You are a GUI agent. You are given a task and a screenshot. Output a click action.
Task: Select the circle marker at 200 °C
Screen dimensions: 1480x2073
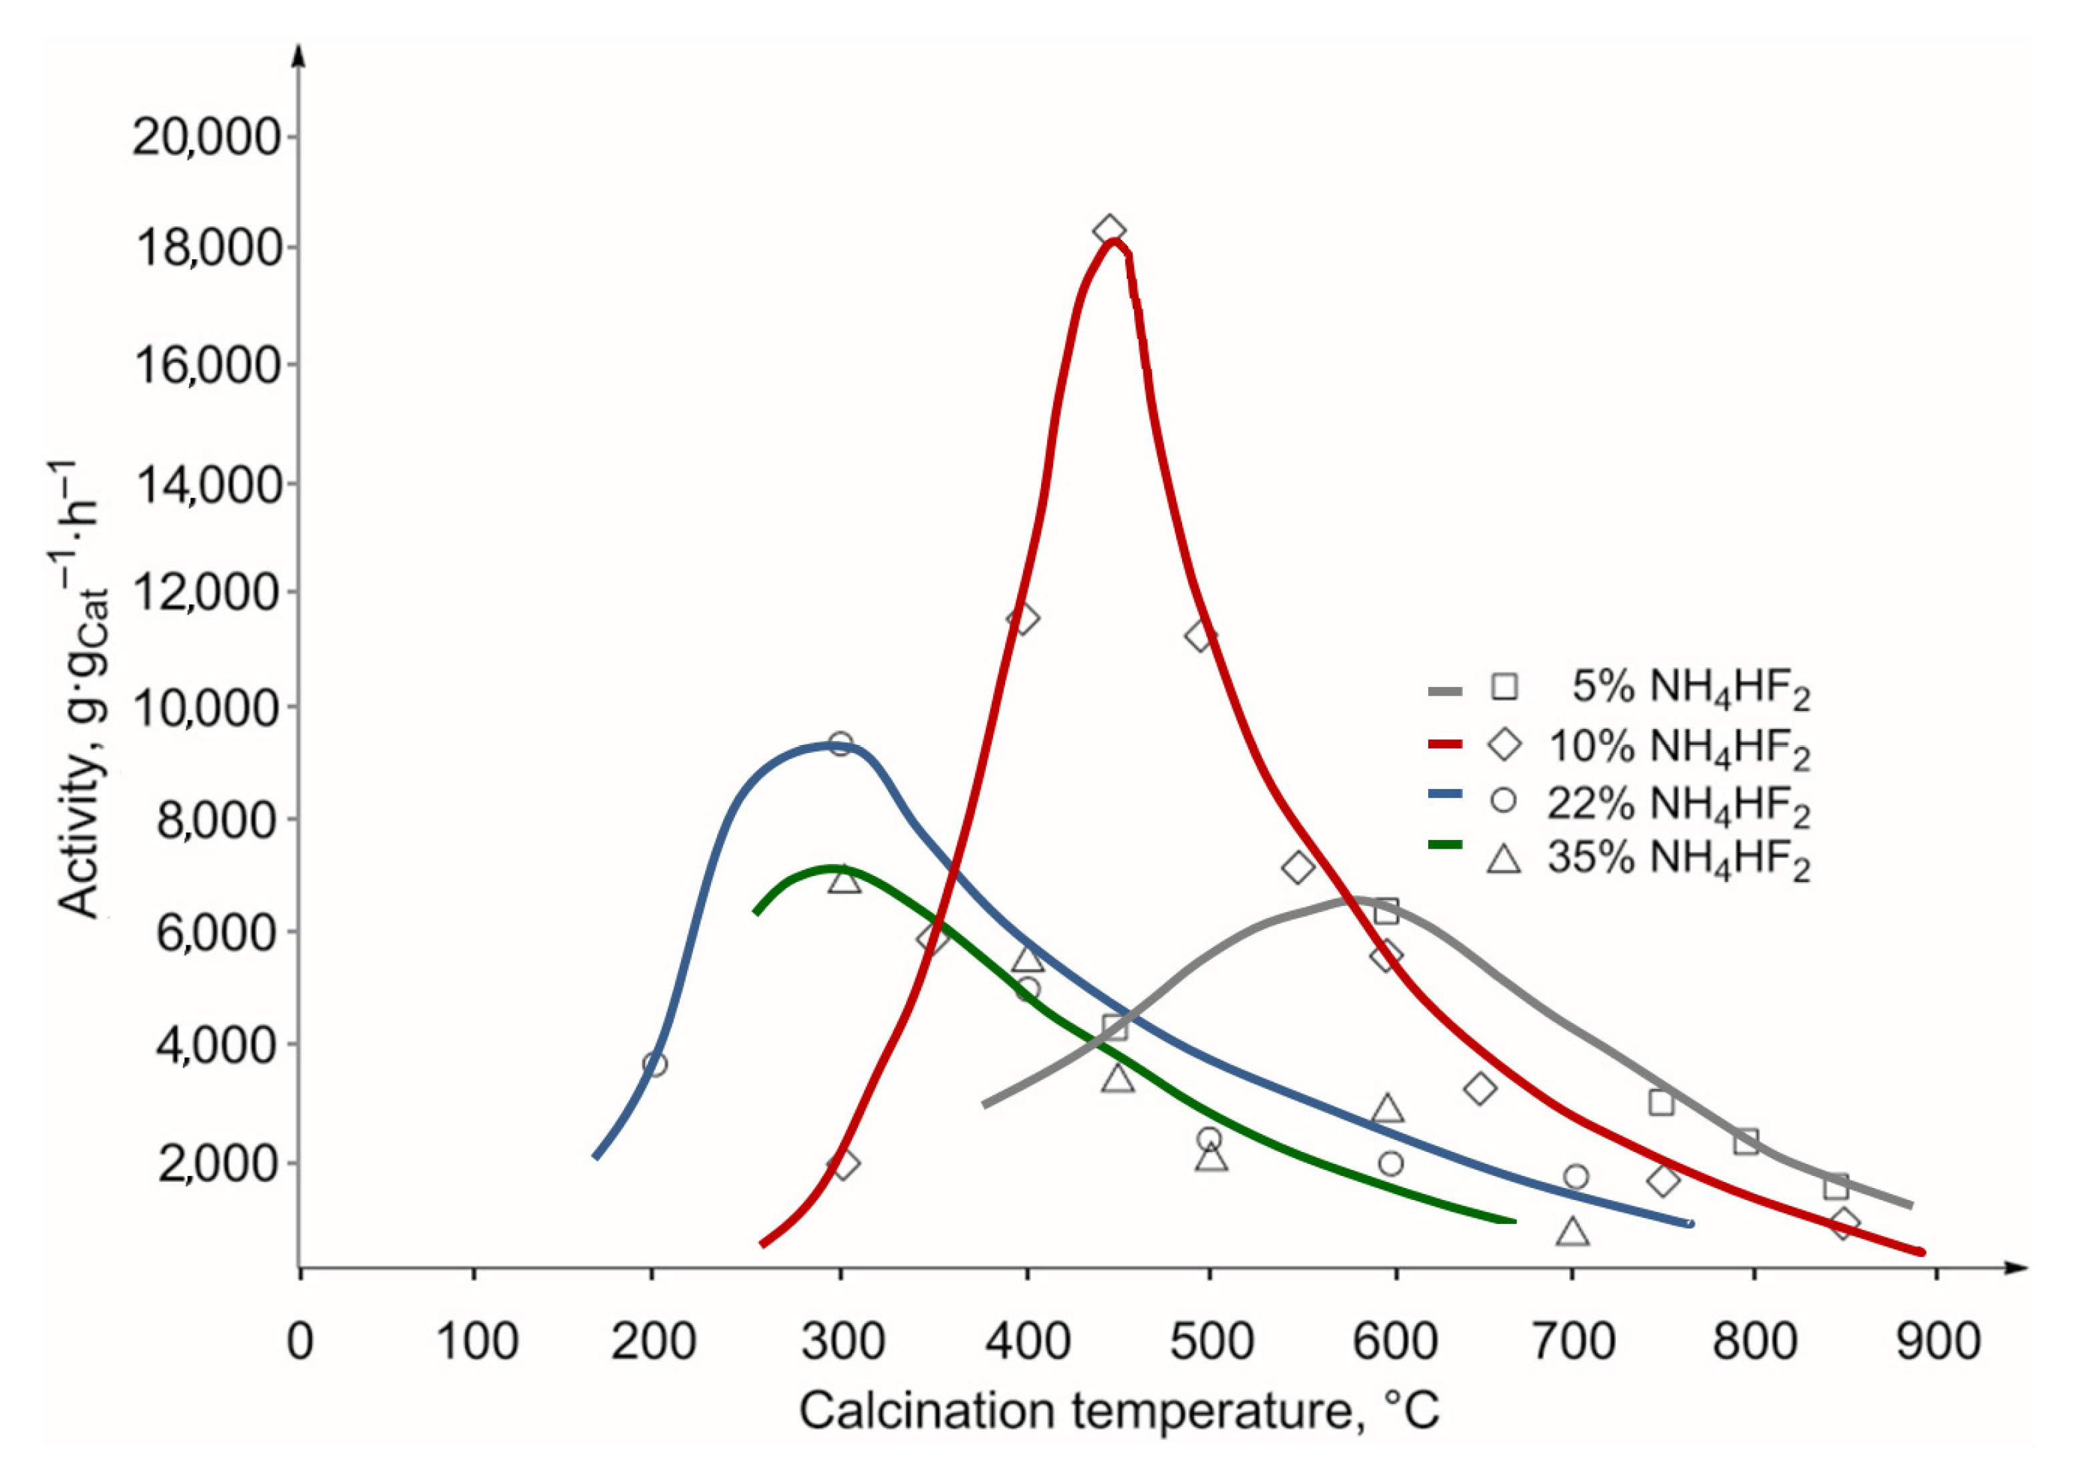(x=654, y=1064)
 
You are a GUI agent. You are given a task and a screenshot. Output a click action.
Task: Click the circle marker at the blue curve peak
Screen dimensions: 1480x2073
(x=840, y=743)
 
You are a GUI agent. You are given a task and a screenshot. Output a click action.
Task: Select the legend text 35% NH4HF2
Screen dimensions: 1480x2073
(x=1677, y=859)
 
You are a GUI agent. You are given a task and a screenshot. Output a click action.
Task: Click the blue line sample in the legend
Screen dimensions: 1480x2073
(x=1444, y=796)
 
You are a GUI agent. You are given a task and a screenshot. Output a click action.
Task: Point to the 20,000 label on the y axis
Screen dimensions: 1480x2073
(x=206, y=138)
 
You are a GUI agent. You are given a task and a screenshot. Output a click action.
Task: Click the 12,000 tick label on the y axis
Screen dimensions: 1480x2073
(x=206, y=593)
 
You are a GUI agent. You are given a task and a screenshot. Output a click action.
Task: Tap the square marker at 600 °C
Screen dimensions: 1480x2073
(x=1386, y=911)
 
